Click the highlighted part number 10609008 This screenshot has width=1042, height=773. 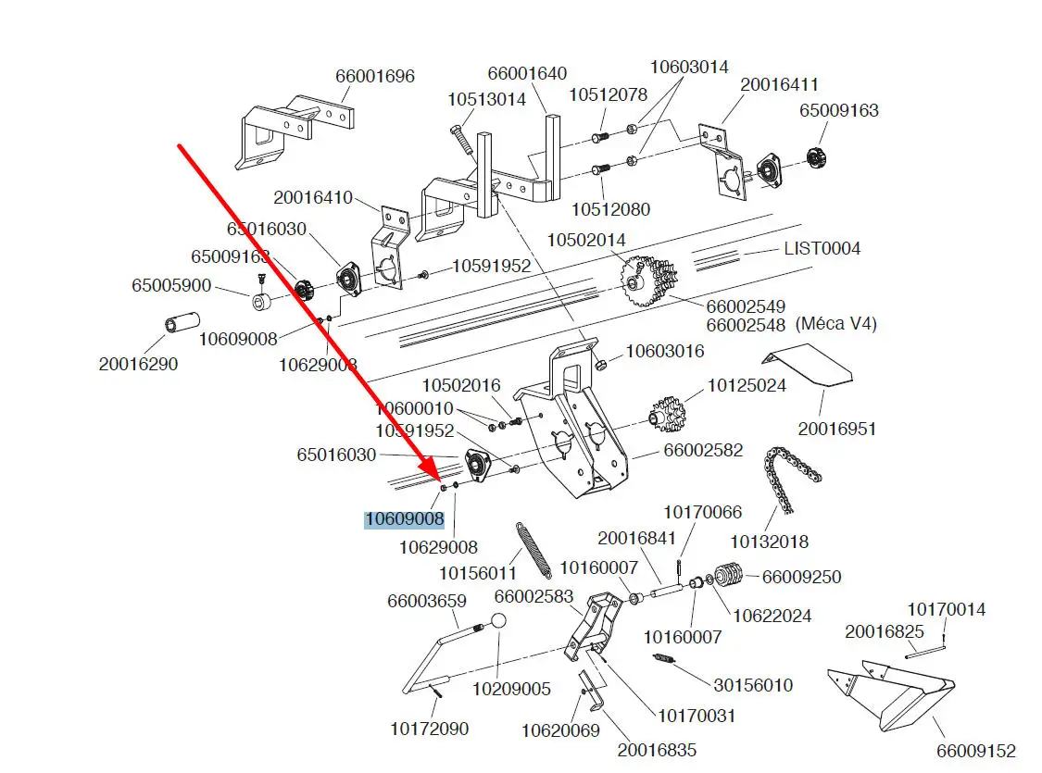[404, 519]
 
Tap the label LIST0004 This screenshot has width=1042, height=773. [822, 248]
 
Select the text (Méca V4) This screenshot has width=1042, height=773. [835, 325]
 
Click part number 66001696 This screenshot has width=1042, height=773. [375, 76]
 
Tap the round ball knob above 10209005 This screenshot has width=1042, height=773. [498, 623]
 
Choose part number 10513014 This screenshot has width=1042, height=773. [486, 99]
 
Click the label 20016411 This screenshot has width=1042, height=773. [779, 85]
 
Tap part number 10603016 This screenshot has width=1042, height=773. [665, 351]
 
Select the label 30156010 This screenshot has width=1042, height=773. [753, 685]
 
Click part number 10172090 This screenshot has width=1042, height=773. [429, 729]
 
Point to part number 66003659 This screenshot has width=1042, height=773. [426, 602]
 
